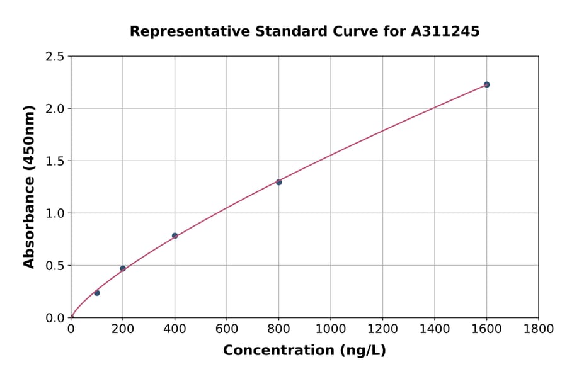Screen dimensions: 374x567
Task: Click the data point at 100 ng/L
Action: pyautogui.click(x=96, y=293)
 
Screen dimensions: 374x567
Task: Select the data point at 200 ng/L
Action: pyautogui.click(x=123, y=268)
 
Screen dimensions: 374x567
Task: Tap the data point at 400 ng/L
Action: pyautogui.click(x=175, y=235)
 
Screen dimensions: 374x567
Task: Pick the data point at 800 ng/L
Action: pyautogui.click(x=278, y=182)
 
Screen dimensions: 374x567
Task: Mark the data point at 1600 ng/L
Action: pyautogui.click(x=486, y=84)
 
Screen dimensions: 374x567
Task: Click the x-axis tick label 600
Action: pyautogui.click(x=227, y=329)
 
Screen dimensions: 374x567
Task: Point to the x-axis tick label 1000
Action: pyautogui.click(x=331, y=329)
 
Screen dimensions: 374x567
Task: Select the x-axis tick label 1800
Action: pyautogui.click(x=539, y=329)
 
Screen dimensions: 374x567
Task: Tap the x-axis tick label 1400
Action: pyautogui.click(x=435, y=329)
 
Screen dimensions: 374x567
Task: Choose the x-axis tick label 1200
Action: pyautogui.click(x=382, y=329)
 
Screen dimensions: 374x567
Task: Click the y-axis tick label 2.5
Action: pyautogui.click(x=55, y=57)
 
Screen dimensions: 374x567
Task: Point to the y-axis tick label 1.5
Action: pyautogui.click(x=55, y=161)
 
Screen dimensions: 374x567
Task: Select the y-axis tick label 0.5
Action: pyautogui.click(x=55, y=266)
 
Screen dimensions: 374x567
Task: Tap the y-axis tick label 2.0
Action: pyautogui.click(x=55, y=109)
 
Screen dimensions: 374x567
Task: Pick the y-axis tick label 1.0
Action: pyautogui.click(x=55, y=213)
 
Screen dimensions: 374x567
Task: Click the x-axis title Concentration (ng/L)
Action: pyautogui.click(x=304, y=351)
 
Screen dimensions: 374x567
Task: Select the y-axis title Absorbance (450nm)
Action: pyautogui.click(x=29, y=187)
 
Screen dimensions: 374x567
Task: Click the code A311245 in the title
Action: pyautogui.click(x=445, y=31)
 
